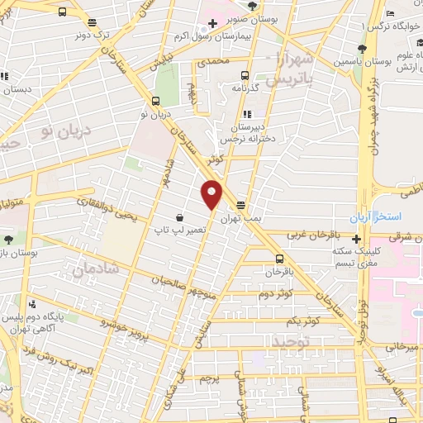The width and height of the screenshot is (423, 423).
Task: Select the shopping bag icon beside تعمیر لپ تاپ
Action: click(x=179, y=218)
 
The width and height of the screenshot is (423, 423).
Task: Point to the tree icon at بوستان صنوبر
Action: click(x=252, y=7)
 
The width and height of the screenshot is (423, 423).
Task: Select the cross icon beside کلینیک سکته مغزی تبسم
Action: click(x=356, y=240)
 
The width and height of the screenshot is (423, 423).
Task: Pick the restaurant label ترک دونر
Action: click(x=92, y=35)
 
